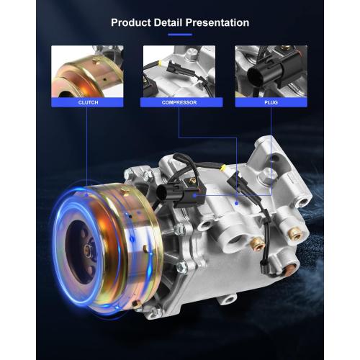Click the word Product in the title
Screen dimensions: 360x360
pos(131,22)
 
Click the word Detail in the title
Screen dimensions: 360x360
pos(168,22)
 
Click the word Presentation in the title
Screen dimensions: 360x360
pos(217,22)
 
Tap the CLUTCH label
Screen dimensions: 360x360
pos(88,102)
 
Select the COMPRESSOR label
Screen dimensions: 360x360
pos(179,102)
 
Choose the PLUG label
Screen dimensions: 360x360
pos(271,102)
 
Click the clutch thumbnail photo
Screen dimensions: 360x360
pos(87,71)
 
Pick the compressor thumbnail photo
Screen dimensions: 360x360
pos(179,71)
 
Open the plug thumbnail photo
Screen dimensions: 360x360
pos(271,71)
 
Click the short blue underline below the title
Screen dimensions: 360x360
pos(180,35)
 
